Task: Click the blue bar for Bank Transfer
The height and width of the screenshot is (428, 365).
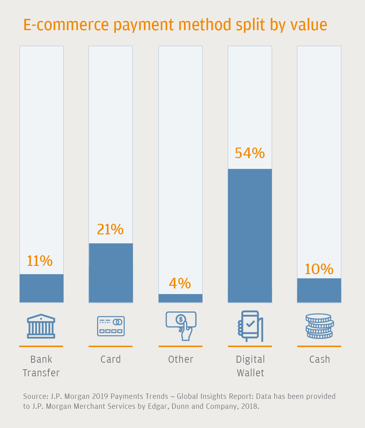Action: coord(41,288)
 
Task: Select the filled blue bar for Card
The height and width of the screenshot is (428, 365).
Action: coord(111,273)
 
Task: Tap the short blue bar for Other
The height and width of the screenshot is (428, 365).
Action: coord(180,298)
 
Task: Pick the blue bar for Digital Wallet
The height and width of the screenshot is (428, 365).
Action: coord(250,235)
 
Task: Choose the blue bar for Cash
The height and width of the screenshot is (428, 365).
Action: coord(319,290)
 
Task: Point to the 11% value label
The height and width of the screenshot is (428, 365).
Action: coord(40,261)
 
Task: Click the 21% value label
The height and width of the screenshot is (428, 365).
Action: coord(110,229)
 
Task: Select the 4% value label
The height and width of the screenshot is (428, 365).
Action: coord(180,283)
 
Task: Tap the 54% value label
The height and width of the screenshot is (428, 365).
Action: coord(250,153)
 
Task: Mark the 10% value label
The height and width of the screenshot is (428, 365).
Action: coord(319,269)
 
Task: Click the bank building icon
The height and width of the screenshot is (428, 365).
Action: coord(41,326)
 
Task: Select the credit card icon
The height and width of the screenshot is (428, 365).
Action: coord(111,326)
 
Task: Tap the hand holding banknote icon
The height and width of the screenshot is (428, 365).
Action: coord(181,326)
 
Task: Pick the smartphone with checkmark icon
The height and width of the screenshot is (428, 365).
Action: coord(250,326)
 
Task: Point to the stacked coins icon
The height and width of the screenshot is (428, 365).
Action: coord(319,326)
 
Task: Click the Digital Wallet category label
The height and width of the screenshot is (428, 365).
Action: coord(250,366)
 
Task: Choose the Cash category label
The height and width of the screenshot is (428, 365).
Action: coord(320,359)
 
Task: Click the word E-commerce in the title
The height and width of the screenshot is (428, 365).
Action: coord(66,25)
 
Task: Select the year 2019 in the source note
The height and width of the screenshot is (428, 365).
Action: coord(100,397)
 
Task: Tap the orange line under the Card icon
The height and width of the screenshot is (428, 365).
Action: coord(111,346)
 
